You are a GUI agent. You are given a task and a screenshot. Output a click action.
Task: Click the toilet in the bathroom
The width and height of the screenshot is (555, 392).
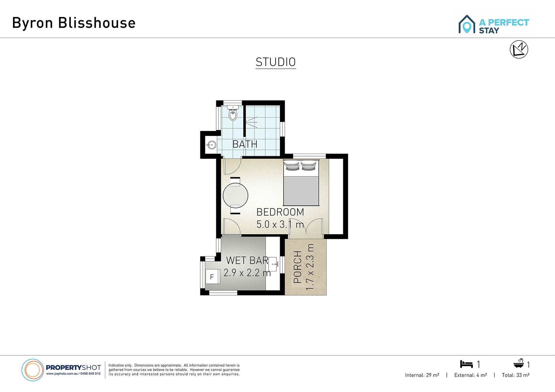(x=233, y=113)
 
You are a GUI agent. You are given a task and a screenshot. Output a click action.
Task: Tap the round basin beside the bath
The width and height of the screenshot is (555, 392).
(x=212, y=145)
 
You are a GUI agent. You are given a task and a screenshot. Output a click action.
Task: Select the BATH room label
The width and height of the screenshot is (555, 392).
(x=245, y=144)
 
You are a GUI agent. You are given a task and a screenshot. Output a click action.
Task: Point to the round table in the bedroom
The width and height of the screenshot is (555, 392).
(x=236, y=195)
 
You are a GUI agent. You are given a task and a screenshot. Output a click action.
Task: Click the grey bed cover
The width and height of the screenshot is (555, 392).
(x=301, y=191)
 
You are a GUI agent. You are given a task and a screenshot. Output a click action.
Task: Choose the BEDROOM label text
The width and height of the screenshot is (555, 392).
(x=280, y=212)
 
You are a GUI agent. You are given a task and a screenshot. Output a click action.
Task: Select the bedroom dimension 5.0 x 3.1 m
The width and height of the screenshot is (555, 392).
(x=280, y=224)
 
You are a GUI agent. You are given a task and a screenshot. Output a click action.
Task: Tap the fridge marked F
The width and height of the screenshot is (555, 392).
(x=212, y=277)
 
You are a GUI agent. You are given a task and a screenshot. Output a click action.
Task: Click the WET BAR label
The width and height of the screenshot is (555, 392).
(x=247, y=260)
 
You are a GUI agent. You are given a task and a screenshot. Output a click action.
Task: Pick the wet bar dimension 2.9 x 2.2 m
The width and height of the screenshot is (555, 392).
(x=247, y=273)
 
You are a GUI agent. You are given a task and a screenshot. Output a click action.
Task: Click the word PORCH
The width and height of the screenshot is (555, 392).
(x=297, y=267)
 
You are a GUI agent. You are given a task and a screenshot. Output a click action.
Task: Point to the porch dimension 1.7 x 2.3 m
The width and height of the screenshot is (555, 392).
(x=310, y=267)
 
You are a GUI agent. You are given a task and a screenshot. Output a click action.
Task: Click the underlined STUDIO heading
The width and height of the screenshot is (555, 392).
(x=276, y=62)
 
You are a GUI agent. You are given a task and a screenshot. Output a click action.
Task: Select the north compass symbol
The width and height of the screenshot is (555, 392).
(x=519, y=49)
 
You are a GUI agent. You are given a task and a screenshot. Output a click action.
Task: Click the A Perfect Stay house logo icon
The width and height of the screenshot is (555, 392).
(x=467, y=24)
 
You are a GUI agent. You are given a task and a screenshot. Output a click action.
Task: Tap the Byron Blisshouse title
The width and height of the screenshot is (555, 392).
(x=74, y=23)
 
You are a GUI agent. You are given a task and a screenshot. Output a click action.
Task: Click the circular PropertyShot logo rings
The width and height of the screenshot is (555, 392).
(x=33, y=370)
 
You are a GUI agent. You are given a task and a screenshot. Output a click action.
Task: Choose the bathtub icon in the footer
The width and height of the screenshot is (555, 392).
(x=519, y=363)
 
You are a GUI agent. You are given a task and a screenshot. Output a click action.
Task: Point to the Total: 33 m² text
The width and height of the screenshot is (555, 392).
(x=516, y=375)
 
